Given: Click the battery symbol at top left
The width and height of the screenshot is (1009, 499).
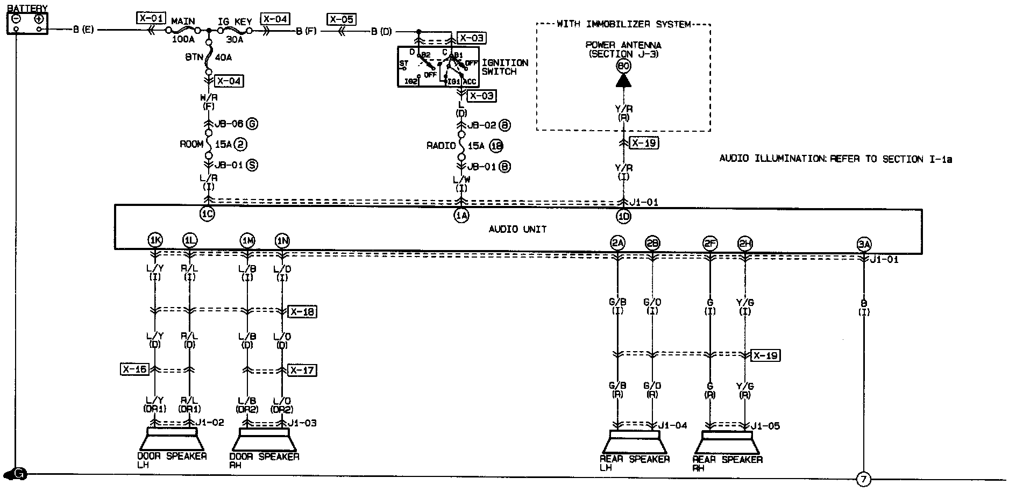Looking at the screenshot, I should [x=27, y=22].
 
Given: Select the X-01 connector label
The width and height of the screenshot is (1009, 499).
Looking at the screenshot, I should [x=151, y=19].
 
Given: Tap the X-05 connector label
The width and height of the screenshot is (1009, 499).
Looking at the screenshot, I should [x=342, y=20].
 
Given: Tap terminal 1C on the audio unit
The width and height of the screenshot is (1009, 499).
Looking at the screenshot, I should [x=207, y=215].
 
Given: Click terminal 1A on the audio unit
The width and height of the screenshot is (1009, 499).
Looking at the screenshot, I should [x=461, y=216].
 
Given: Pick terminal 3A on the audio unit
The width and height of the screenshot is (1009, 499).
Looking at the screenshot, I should [x=864, y=244].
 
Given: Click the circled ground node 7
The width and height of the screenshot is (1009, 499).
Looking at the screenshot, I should [x=863, y=480].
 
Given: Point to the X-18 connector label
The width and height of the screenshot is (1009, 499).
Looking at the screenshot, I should [x=302, y=312].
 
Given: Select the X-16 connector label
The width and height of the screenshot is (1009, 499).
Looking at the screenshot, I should [x=134, y=369].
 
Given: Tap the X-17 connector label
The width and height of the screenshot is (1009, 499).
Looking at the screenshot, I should [x=302, y=370].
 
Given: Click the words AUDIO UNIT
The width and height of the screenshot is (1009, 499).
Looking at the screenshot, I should [x=517, y=229].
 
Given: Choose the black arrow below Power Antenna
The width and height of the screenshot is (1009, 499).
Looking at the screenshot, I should [x=623, y=81].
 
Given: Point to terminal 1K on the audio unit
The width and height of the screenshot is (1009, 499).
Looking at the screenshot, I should [x=155, y=240].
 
